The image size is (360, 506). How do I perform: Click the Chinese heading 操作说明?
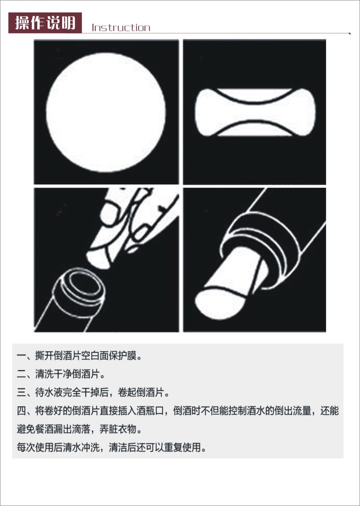[x=45, y=23]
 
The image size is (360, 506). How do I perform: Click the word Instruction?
[x=121, y=28]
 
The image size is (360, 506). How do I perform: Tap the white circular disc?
[x=106, y=113]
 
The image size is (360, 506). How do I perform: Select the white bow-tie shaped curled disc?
[x=255, y=112]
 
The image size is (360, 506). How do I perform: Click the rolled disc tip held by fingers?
[x=99, y=259]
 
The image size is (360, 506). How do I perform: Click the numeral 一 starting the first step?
[x=21, y=356]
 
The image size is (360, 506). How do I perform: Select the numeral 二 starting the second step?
[x=21, y=374]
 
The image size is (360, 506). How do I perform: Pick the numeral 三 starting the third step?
[x=21, y=393]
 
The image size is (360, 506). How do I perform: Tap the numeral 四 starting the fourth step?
[x=21, y=411]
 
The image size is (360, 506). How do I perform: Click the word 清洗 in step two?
[x=44, y=374]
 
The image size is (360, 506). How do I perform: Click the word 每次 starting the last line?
[x=26, y=448]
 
